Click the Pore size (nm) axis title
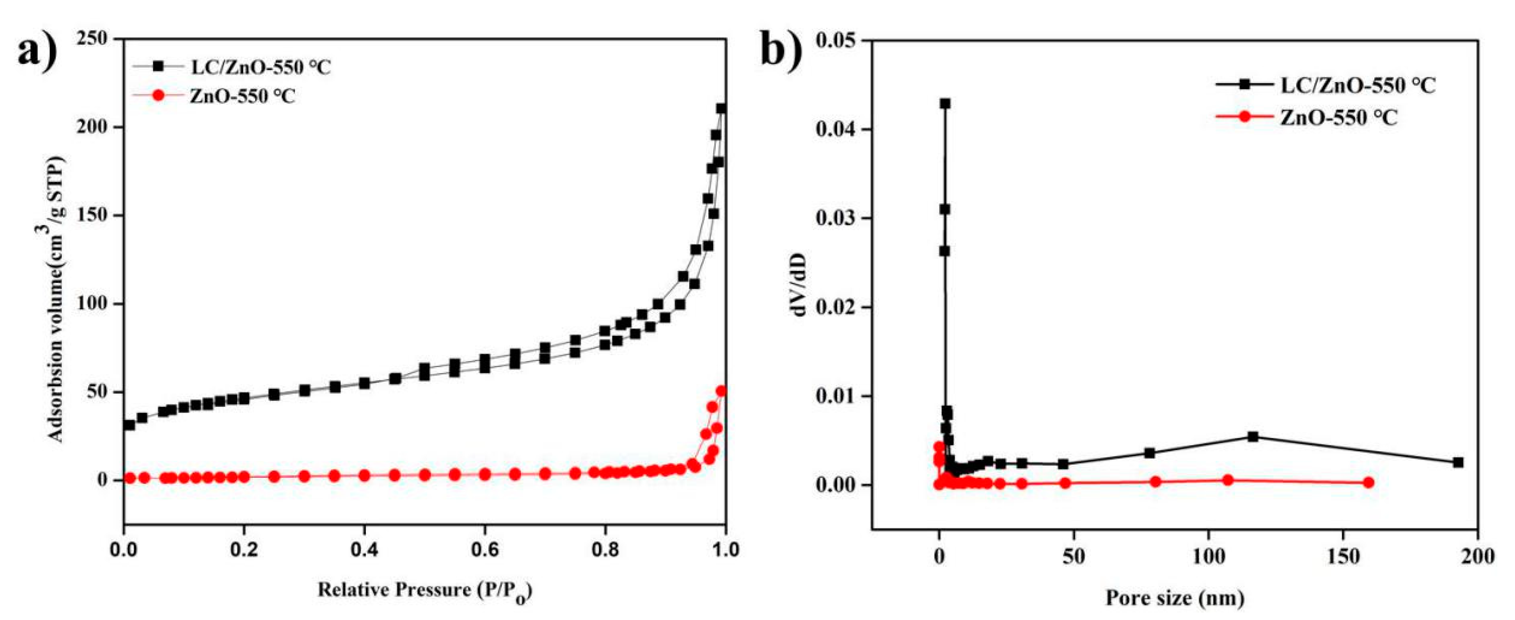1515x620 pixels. tap(1176, 598)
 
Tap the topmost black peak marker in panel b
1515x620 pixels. tap(945, 103)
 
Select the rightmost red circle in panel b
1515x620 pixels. tap(1369, 482)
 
